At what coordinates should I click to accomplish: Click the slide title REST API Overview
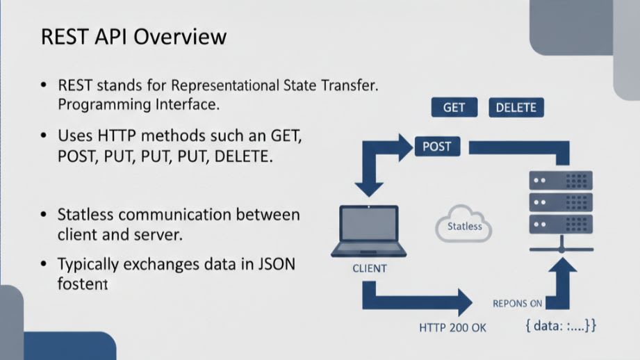(x=133, y=36)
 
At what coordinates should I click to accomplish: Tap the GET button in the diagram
(x=454, y=108)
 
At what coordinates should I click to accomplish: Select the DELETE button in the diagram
(x=516, y=108)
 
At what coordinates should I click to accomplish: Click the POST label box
(x=436, y=147)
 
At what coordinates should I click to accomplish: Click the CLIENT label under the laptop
(x=369, y=268)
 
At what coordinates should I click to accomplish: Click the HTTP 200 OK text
(x=453, y=327)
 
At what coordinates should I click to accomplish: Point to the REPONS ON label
(x=518, y=303)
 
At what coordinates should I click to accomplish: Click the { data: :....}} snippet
(x=560, y=325)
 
